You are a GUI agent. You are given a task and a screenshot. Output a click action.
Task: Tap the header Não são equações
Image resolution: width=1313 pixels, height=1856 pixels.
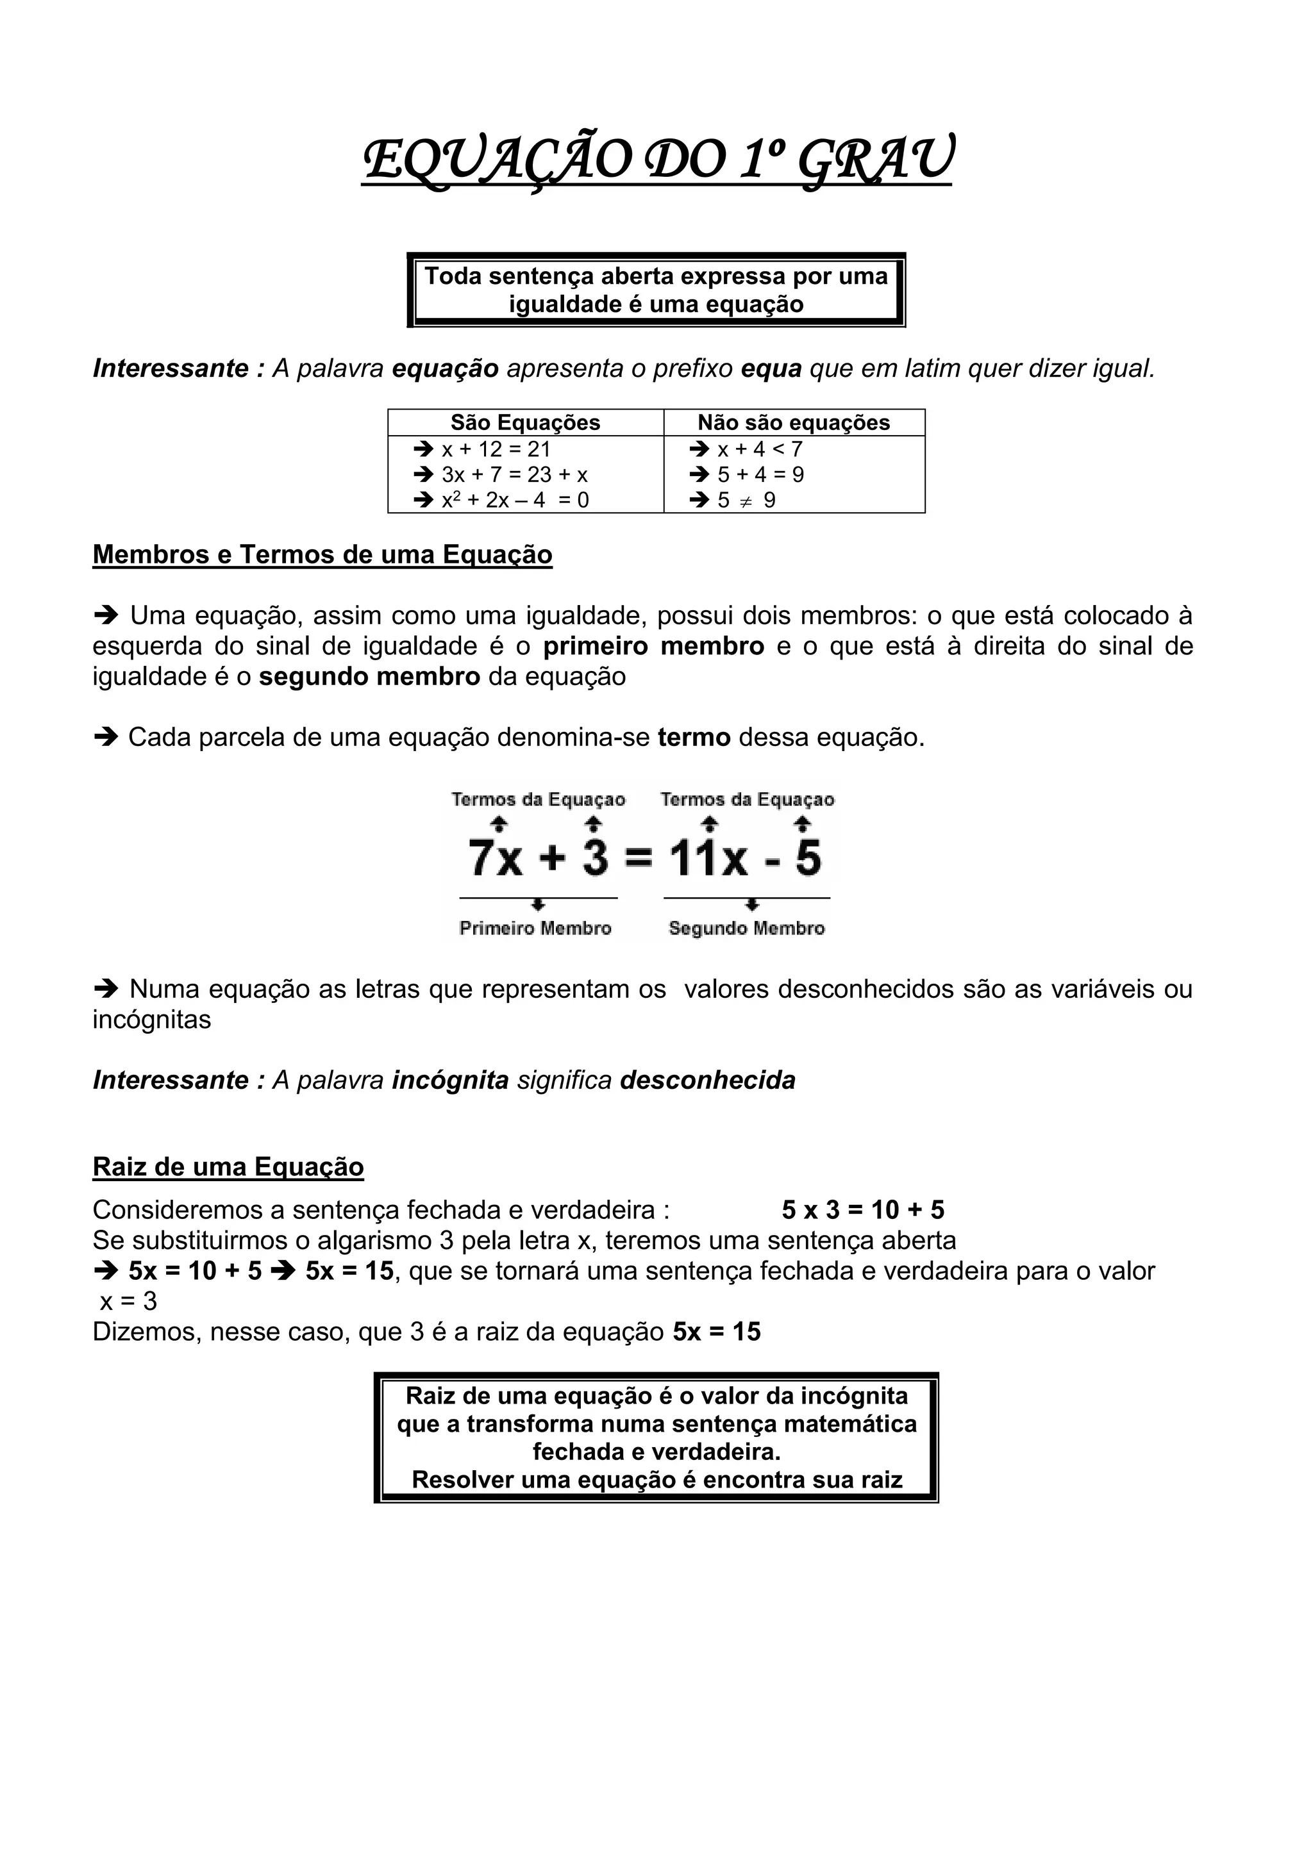click(x=793, y=423)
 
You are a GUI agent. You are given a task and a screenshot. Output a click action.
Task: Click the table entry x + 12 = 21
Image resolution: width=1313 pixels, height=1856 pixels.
click(x=496, y=449)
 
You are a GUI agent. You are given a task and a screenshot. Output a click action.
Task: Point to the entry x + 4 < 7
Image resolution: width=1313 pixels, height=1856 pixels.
click(x=759, y=449)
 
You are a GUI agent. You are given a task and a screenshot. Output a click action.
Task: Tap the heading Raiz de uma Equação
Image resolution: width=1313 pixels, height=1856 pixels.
click(x=228, y=1166)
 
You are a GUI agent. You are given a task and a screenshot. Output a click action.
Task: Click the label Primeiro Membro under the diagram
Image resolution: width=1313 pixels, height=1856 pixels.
click(x=535, y=928)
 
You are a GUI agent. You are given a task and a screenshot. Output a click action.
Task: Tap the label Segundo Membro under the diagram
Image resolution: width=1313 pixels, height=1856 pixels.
click(x=746, y=928)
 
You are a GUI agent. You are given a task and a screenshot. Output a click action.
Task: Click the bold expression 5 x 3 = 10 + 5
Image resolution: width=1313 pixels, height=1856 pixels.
click(x=863, y=1210)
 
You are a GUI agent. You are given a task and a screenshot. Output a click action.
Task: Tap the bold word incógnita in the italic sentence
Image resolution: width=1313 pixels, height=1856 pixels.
click(x=450, y=1080)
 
